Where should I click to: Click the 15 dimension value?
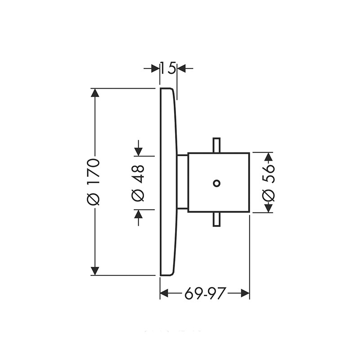pos(168,68)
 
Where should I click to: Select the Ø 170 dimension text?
pos(94,181)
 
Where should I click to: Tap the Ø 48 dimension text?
pos(138,183)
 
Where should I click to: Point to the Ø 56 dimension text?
pos(268,183)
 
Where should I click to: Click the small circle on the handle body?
pos(216,183)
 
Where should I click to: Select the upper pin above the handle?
pos(216,145)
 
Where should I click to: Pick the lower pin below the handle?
pos(216,219)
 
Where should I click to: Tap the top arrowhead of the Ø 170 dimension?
pos(95,93)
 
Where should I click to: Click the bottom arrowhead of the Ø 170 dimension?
pos(95,271)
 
